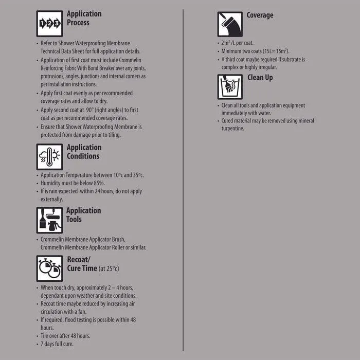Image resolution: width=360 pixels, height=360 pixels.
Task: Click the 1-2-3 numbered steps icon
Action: (x=50, y=24)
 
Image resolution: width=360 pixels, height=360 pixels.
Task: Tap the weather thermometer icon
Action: (x=50, y=157)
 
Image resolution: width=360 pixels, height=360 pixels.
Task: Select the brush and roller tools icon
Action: (x=50, y=220)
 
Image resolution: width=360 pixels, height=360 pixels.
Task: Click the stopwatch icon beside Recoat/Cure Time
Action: (x=50, y=268)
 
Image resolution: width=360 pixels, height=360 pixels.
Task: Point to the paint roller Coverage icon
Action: (x=230, y=24)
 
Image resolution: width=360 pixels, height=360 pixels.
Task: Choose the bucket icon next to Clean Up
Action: (x=230, y=87)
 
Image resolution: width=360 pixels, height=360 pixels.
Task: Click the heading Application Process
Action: (x=84, y=18)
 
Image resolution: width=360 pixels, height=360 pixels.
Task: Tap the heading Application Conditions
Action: (x=84, y=152)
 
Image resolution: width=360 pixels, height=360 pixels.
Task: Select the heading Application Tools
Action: (x=84, y=215)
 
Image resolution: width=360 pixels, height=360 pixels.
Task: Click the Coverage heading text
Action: (x=260, y=15)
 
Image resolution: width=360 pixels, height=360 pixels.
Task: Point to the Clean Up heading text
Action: (x=260, y=78)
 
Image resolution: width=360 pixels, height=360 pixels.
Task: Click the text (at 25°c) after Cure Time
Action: (x=109, y=269)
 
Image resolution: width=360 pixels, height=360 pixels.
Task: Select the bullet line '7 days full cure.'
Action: (x=57, y=344)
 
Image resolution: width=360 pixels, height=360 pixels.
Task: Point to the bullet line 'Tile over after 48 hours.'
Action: (x=65, y=336)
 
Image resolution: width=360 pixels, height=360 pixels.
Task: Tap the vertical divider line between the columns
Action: (x=183, y=180)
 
